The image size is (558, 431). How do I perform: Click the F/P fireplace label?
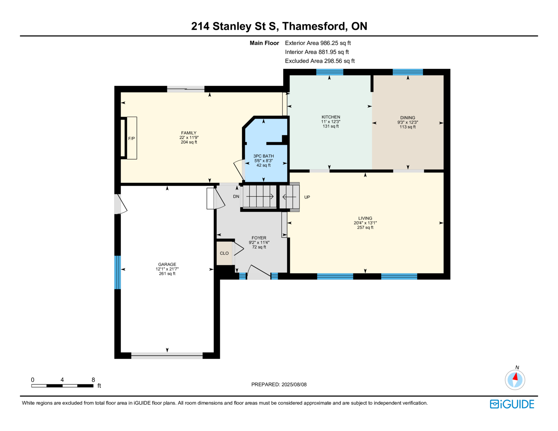(131, 139)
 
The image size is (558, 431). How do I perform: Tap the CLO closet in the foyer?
(224, 253)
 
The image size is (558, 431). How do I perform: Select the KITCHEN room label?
(331, 117)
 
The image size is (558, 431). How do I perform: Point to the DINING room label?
(408, 118)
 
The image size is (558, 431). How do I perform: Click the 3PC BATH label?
(263, 156)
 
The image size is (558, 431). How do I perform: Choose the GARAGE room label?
(167, 264)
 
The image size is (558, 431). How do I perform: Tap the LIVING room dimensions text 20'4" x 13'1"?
(365, 223)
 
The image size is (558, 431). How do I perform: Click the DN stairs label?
(236, 197)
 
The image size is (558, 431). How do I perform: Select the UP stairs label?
(307, 197)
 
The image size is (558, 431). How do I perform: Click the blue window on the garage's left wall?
(117, 272)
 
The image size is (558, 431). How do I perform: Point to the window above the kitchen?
(330, 72)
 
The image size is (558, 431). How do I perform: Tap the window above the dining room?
(408, 72)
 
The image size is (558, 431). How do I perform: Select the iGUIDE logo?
(512, 404)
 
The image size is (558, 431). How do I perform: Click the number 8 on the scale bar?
(93, 380)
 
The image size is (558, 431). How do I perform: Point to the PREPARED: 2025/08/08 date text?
(279, 385)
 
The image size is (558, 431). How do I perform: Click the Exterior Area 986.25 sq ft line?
(318, 43)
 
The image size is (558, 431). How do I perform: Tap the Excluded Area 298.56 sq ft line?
(320, 61)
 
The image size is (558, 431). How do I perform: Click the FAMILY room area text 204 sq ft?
(189, 142)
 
